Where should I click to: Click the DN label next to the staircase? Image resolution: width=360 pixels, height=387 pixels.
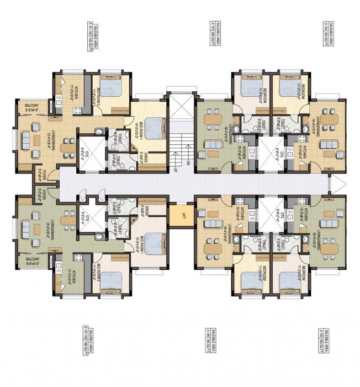(x=188, y=163)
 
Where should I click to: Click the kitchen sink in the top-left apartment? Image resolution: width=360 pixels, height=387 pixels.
(x=58, y=103)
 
